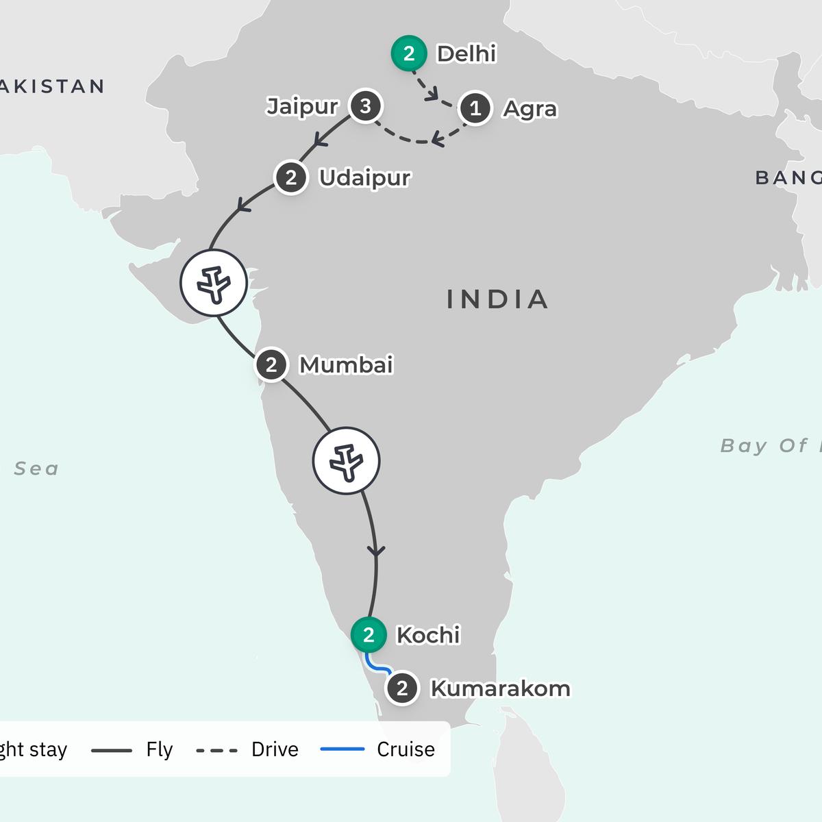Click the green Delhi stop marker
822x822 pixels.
tap(409, 53)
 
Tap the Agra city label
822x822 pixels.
tap(530, 109)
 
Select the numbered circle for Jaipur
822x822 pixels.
tap(365, 106)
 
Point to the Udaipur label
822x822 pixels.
tap(364, 178)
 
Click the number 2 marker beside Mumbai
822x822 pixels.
tap(271, 364)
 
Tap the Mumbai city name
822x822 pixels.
tap(346, 365)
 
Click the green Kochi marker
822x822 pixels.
tap(369, 635)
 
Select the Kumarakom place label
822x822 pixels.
tap(500, 688)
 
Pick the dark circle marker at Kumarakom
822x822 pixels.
tap(402, 688)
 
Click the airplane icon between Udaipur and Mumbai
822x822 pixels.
tap(214, 282)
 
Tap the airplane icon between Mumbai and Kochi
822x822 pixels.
tap(346, 460)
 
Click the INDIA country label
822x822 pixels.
tap(497, 299)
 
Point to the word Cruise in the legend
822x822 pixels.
tap(406, 749)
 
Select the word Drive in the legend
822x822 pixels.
tap(275, 749)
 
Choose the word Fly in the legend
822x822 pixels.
tap(160, 749)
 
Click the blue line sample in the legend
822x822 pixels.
tap(342, 749)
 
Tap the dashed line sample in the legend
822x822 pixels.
tap(216, 750)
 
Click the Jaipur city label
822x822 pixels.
tap(302, 107)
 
